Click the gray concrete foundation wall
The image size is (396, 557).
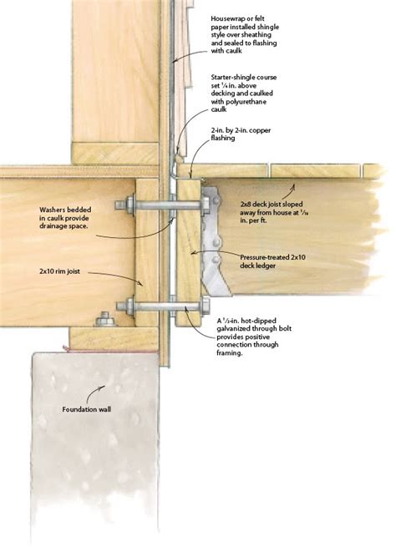[92, 468]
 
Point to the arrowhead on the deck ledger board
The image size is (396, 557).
[190, 252]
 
